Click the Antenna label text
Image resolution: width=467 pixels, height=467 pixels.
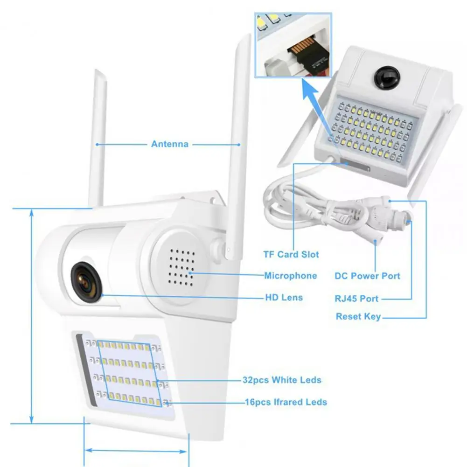click(170, 144)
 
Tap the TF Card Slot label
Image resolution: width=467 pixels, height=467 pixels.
click(291, 254)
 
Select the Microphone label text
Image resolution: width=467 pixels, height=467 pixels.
click(290, 276)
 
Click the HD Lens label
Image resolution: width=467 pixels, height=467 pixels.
click(284, 297)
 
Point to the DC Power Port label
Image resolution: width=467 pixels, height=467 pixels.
click(367, 276)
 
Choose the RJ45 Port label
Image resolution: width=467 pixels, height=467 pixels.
click(356, 299)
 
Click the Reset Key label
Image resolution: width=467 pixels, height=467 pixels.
click(358, 316)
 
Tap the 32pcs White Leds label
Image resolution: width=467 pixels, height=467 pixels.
click(282, 380)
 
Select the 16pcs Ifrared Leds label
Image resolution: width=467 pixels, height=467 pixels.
click(286, 402)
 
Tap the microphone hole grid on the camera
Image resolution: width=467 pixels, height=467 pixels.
click(181, 267)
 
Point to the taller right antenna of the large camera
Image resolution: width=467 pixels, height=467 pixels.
click(237, 146)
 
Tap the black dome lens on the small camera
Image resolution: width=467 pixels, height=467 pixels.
click(387, 77)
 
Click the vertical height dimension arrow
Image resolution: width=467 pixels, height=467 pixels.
click(32, 316)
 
